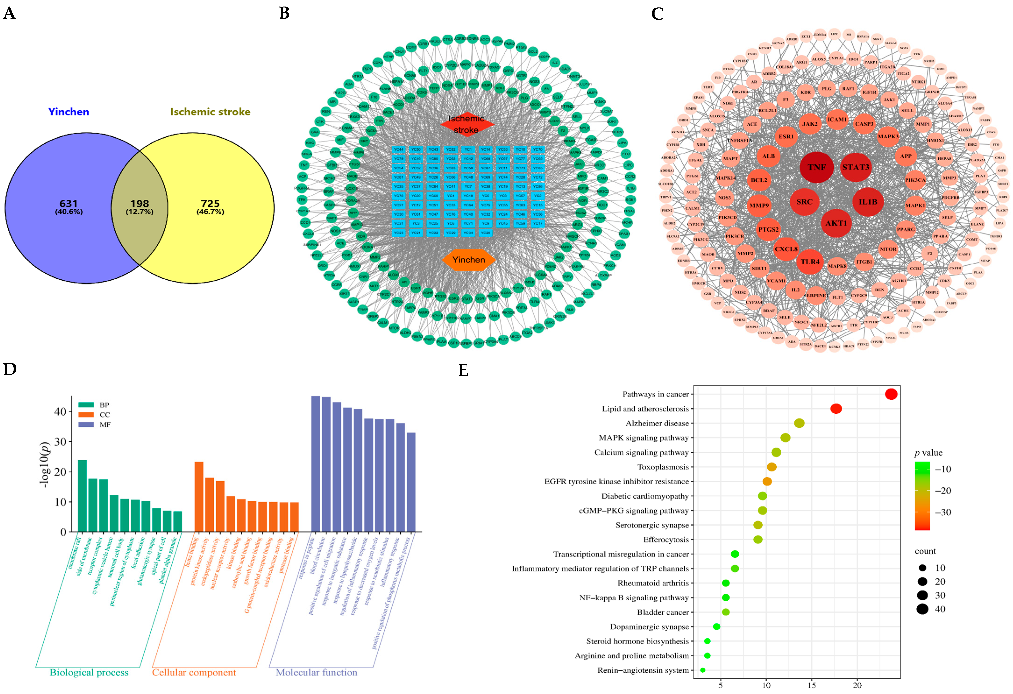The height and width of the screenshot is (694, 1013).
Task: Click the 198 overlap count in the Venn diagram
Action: click(139, 204)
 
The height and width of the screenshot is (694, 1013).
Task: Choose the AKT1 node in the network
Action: click(836, 223)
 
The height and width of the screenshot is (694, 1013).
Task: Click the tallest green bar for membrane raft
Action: click(82, 495)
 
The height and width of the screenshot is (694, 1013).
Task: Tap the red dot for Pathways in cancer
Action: click(891, 394)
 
